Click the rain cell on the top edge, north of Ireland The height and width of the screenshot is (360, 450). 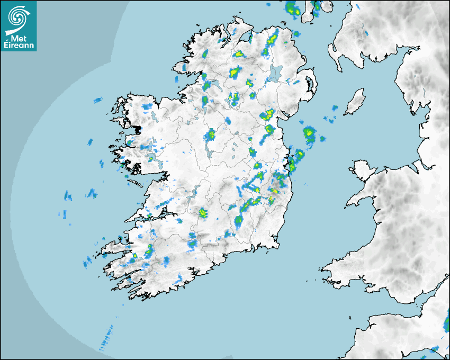(x=292, y=8)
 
